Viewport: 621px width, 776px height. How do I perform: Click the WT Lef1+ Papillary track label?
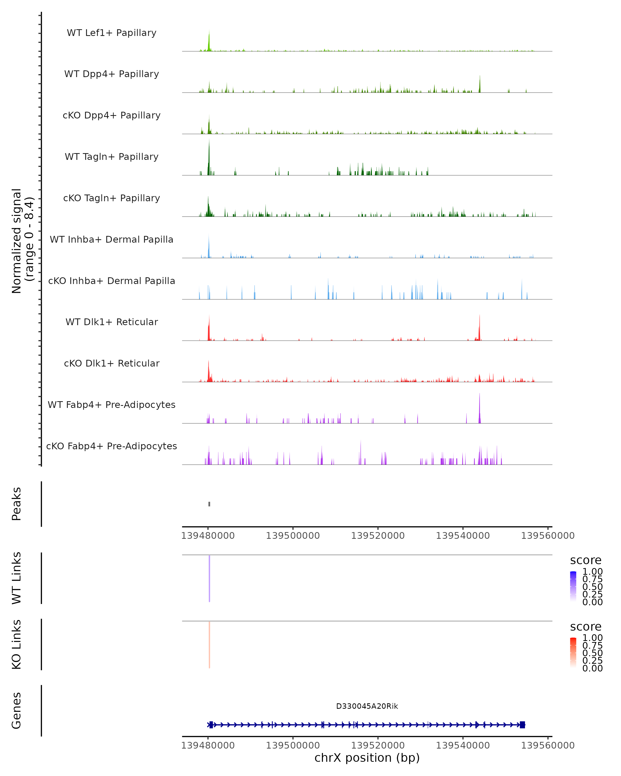[112, 33]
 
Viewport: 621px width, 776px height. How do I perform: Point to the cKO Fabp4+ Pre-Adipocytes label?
[112, 446]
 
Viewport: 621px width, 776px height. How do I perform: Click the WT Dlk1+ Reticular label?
[112, 322]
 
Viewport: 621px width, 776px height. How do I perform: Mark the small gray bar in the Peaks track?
[209, 504]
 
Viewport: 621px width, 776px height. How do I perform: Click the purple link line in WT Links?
[209, 578]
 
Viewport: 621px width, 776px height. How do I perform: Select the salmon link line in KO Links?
[209, 644]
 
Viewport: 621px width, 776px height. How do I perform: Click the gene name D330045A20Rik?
[367, 706]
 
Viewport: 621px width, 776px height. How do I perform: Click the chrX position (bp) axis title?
[367, 758]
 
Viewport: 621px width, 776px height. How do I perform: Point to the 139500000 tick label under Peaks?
[293, 536]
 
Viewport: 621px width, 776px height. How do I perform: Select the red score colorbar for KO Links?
[573, 653]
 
